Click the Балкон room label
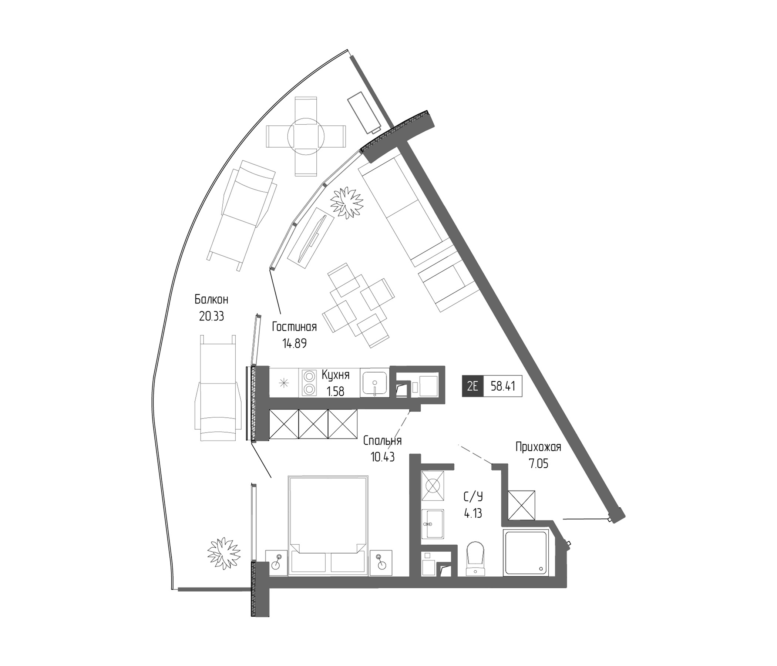211,300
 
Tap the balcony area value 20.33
211,316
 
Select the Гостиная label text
294,327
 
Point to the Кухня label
336,374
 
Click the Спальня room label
382,441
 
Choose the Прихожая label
538,447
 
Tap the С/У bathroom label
473,497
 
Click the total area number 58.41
502,386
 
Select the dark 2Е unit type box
472,386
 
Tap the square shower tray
527,553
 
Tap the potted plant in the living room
346,201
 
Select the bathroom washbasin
433,524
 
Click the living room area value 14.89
294,343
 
